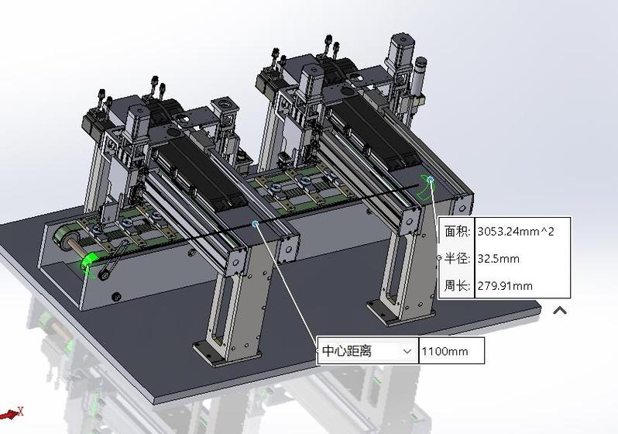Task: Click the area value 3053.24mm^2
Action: (516, 231)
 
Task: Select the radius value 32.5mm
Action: (498, 259)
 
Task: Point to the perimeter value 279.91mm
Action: (505, 286)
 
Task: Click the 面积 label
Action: (457, 231)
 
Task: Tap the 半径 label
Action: (457, 259)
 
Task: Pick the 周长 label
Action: (457, 286)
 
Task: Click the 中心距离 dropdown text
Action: (347, 351)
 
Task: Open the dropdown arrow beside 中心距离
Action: (407, 351)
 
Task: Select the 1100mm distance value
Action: (445, 351)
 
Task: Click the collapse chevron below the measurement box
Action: (560, 311)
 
